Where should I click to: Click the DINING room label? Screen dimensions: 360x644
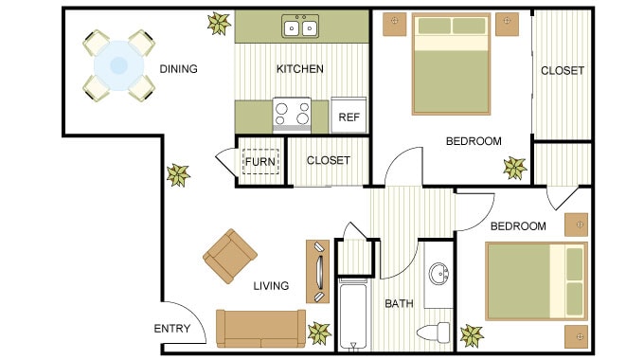tap(178, 69)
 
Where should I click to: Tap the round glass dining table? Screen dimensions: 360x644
tap(119, 65)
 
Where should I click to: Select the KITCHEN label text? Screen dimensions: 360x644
tap(299, 69)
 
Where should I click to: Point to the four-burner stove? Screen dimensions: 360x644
tap(292, 115)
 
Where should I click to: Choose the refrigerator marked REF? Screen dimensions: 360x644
tap(349, 116)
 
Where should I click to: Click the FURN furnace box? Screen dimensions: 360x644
tap(260, 161)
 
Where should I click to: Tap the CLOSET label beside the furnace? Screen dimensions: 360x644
tap(328, 161)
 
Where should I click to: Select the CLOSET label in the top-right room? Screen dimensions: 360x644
tap(562, 71)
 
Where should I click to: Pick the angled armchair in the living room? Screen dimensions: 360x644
tap(230, 256)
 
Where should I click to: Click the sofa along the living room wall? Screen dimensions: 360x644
tap(260, 328)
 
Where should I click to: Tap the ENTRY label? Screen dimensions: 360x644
tap(171, 330)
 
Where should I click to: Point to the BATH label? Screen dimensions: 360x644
tap(399, 304)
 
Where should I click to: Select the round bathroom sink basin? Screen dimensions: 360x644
tap(439, 276)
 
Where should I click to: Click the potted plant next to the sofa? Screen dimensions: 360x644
tap(320, 332)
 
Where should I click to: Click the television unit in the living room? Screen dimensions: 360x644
tap(317, 271)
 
